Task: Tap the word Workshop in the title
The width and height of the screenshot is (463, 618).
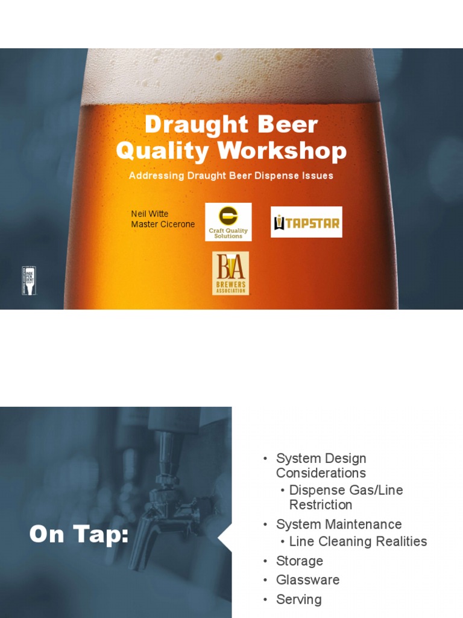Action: click(x=295, y=151)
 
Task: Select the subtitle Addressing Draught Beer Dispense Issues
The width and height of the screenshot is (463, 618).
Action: click(x=231, y=176)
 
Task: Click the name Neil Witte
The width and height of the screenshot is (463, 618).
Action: click(x=150, y=214)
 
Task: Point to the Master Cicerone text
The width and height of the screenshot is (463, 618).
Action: click(x=163, y=225)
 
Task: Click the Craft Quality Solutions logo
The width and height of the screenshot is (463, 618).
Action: click(x=228, y=221)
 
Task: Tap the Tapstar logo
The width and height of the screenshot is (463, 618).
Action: click(x=306, y=222)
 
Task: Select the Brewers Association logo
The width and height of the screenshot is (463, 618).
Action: click(x=230, y=273)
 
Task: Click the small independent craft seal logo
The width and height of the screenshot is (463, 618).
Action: click(x=28, y=281)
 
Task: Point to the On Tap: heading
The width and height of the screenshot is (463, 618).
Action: click(x=79, y=534)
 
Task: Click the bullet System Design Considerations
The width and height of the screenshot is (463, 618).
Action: click(x=321, y=466)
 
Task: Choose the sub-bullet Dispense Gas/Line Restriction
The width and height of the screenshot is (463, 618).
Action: click(x=346, y=497)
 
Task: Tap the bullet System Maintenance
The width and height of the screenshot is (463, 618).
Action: click(x=338, y=524)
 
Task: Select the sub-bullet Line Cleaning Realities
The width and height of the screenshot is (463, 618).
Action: click(x=357, y=541)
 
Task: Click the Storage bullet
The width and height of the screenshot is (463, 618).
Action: click(x=299, y=561)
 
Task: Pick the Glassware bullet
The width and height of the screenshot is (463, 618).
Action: click(x=307, y=580)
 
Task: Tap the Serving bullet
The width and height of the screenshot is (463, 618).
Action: click(x=298, y=599)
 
